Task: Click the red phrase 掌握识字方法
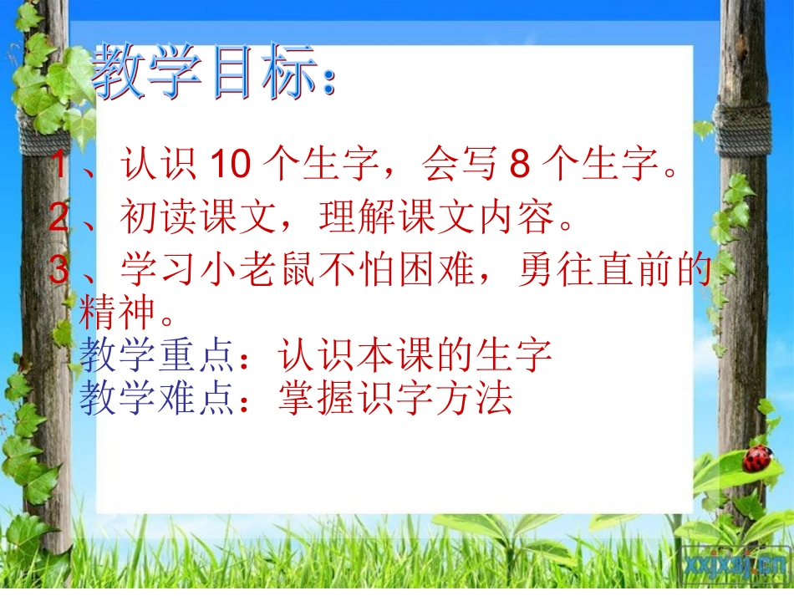[x=394, y=399]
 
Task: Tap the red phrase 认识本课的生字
[x=415, y=355]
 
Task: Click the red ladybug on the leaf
[x=757, y=458]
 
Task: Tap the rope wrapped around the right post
[x=742, y=130]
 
